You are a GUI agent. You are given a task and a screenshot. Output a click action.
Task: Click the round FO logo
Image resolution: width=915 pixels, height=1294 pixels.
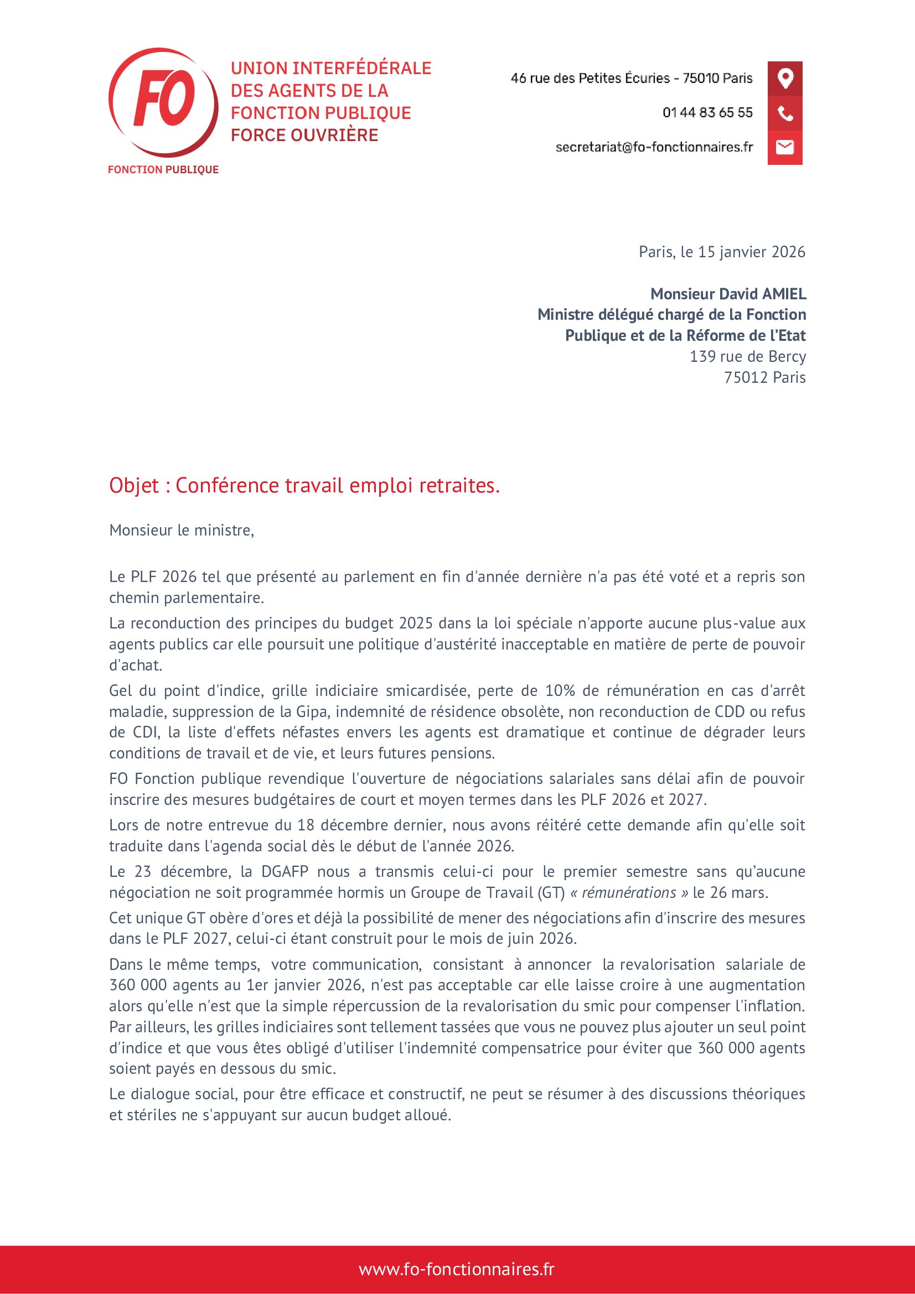pos(163,102)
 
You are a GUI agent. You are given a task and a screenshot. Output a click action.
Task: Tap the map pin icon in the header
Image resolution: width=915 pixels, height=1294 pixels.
pos(785,78)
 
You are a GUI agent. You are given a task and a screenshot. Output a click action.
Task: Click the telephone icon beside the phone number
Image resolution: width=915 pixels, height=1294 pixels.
pos(785,113)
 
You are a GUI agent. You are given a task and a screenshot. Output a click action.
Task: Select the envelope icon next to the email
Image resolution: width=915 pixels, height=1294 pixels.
pos(785,147)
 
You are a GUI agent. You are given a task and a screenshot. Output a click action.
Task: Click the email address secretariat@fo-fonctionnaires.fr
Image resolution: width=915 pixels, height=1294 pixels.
pos(654,147)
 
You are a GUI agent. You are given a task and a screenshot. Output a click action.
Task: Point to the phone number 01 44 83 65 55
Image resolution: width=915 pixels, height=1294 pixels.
pos(707,113)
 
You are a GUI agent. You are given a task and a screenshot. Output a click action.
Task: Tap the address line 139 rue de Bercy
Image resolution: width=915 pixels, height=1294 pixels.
pos(748,356)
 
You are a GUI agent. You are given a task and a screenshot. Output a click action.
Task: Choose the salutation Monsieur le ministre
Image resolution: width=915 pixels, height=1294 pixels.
pos(182,530)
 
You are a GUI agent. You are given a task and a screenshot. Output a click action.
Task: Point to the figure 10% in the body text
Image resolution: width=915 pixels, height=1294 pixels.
pos(560,690)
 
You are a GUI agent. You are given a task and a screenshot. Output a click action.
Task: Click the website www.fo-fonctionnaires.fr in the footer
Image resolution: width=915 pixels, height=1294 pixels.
pos(457,1269)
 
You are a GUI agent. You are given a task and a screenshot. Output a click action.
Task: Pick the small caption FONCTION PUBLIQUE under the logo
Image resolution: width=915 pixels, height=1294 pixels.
pos(163,170)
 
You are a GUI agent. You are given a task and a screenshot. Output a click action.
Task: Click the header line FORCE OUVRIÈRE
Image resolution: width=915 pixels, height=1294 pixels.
pos(304,135)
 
